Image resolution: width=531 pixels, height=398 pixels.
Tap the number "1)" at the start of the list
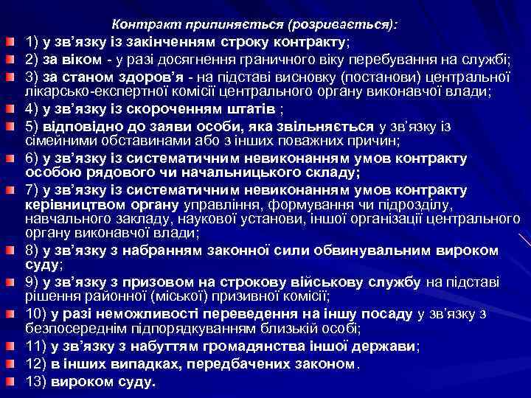34,40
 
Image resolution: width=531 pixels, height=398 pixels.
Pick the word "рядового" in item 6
109,173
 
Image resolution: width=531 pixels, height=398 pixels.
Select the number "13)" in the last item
38,381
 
